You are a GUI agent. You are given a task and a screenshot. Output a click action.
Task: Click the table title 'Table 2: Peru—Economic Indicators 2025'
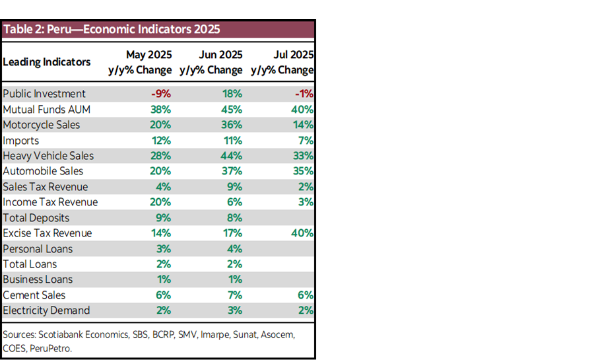tap(112, 30)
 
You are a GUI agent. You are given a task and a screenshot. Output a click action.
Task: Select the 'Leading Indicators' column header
tap(47, 62)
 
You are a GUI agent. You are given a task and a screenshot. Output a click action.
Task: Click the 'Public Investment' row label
tap(44, 94)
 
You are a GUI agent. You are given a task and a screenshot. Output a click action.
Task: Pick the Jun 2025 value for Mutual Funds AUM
tap(232, 110)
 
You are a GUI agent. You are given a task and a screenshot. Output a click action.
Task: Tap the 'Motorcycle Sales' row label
tap(42, 125)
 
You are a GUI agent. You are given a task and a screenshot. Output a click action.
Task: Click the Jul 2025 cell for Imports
tap(306, 141)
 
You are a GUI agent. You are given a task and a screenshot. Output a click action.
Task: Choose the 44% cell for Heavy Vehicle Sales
tap(232, 156)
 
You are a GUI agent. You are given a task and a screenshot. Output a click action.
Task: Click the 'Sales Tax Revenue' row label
tap(46, 187)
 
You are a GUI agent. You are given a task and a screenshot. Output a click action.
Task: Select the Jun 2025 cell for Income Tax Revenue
tap(236, 202)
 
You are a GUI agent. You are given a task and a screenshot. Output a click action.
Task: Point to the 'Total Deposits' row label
tap(36, 218)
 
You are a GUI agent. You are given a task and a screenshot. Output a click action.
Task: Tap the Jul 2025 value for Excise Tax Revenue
tap(302, 233)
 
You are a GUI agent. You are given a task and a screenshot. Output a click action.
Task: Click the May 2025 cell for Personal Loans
tap(164, 249)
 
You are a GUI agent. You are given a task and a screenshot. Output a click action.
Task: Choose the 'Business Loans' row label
tap(38, 279)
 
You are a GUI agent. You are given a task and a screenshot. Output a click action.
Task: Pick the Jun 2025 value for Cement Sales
tap(236, 295)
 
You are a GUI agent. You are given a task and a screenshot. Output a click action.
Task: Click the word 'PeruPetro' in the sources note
tap(51, 347)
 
